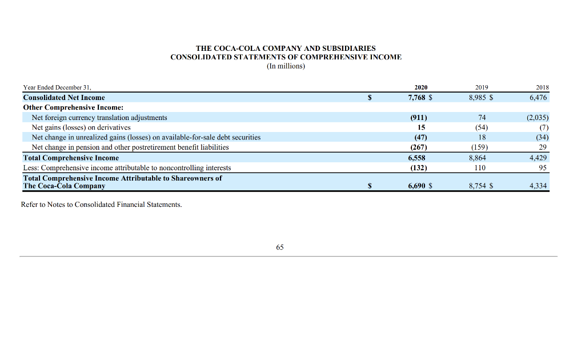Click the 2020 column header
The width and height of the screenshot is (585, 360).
pyautogui.click(x=420, y=87)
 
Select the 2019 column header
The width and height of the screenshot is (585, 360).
pyautogui.click(x=482, y=87)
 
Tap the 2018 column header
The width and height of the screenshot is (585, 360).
pyautogui.click(x=542, y=87)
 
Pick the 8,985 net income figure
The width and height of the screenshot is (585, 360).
pyautogui.click(x=479, y=98)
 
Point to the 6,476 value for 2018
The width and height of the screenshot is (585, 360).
pyautogui.click(x=538, y=98)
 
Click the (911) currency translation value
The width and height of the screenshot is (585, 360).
pyautogui.click(x=419, y=117)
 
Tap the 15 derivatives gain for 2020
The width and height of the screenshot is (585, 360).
pyautogui.click(x=422, y=127)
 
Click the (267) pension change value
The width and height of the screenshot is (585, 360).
pyautogui.click(x=419, y=147)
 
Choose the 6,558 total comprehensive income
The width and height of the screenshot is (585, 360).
pyautogui.click(x=418, y=157)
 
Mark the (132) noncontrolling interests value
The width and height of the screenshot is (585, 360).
pyautogui.click(x=419, y=167)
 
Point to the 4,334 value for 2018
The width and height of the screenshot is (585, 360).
pyautogui.click(x=538, y=186)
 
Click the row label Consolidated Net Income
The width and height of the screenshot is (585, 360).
pyautogui.click(x=64, y=98)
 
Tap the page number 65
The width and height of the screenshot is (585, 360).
pyautogui.click(x=279, y=247)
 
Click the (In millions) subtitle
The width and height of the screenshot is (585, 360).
pyautogui.click(x=286, y=66)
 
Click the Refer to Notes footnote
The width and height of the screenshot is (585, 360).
pyautogui.click(x=101, y=205)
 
